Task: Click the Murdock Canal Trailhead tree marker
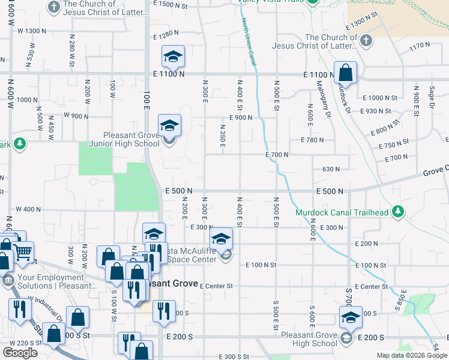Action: (x=397, y=211)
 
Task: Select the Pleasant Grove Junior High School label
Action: (x=124, y=139)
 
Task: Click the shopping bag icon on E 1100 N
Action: (x=346, y=73)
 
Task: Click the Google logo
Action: (x=20, y=353)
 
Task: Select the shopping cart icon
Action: (x=23, y=254)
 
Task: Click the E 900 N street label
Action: (x=240, y=118)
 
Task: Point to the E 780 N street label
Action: (x=312, y=140)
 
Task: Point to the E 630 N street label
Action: (x=331, y=169)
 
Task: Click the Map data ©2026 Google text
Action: (x=412, y=355)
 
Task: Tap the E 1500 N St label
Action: (x=171, y=4)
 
